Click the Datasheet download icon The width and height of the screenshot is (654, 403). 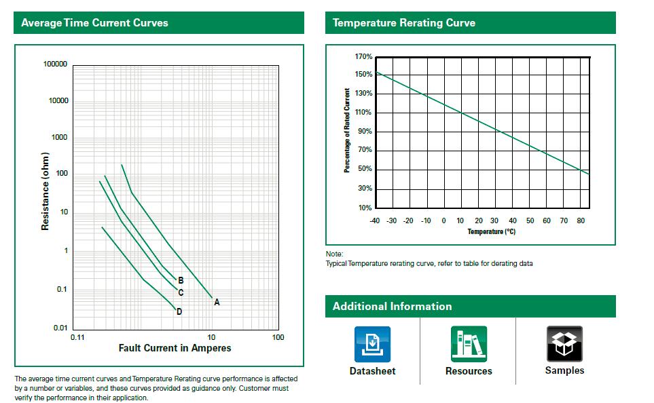click(372, 344)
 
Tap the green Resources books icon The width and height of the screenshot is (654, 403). click(469, 344)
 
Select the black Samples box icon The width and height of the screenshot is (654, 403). click(564, 344)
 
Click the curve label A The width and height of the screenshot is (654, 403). click(217, 303)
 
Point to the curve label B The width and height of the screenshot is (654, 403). click(181, 280)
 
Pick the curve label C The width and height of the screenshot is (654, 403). click(181, 293)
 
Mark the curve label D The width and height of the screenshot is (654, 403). click(179, 312)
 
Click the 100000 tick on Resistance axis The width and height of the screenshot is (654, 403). click(55, 64)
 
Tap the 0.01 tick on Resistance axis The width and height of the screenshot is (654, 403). click(60, 328)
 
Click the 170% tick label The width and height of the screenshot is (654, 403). click(363, 56)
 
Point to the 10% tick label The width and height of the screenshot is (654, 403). click(365, 208)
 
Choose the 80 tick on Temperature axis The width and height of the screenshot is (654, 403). click(581, 220)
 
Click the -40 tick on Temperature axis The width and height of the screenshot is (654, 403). click(374, 220)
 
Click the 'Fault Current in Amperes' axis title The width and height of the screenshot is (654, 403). click(175, 348)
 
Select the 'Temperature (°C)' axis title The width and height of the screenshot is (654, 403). click(491, 232)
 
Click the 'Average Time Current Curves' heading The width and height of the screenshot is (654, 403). click(94, 23)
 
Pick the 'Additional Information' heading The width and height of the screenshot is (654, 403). click(392, 307)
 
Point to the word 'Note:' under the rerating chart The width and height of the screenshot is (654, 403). click(334, 254)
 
